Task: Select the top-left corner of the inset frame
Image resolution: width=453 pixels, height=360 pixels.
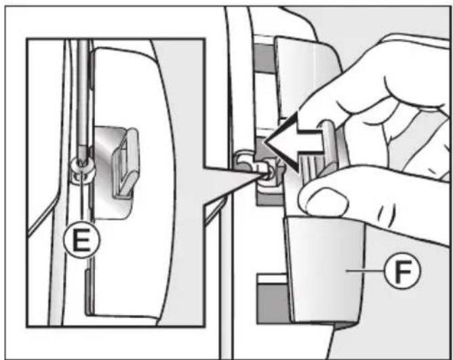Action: click(x=27, y=40)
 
